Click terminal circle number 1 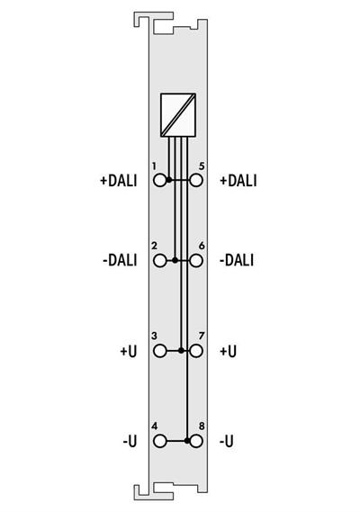[160, 180]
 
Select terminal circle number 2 [160, 261]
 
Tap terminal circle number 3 [160, 351]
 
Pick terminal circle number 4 [160, 441]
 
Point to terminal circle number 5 [195, 180]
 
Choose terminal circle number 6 [195, 261]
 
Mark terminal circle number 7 [195, 351]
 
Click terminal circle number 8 [195, 441]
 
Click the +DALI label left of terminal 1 [118, 180]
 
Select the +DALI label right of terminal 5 [238, 180]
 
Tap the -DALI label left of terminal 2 [120, 261]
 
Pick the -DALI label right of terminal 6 [236, 261]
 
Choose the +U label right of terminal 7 [228, 351]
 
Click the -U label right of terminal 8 [227, 441]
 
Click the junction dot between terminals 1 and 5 [170, 180]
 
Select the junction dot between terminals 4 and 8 [186, 441]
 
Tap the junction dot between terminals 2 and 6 [175, 261]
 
